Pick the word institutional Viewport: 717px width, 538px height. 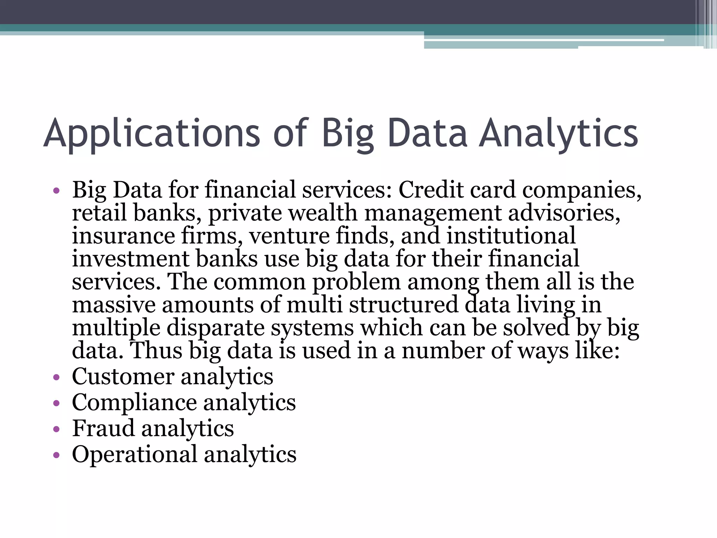(511, 236)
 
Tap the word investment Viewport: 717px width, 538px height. (130, 259)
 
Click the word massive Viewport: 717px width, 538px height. (113, 305)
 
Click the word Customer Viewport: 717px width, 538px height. (123, 377)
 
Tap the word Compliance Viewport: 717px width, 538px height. (134, 403)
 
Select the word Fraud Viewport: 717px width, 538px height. (103, 428)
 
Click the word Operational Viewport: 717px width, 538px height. (134, 454)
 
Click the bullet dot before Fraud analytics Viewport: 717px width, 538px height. (56, 429)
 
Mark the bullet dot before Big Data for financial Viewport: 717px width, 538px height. (56, 191)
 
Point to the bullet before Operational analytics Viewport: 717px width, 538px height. (56, 455)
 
